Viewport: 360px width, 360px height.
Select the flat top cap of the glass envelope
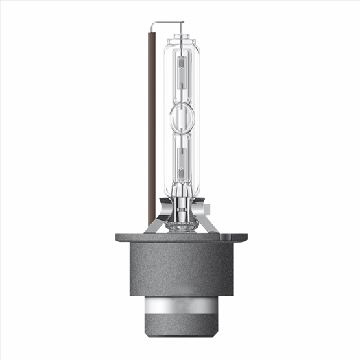180,33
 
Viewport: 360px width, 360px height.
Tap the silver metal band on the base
180,307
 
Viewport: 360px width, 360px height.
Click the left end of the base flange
119,237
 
